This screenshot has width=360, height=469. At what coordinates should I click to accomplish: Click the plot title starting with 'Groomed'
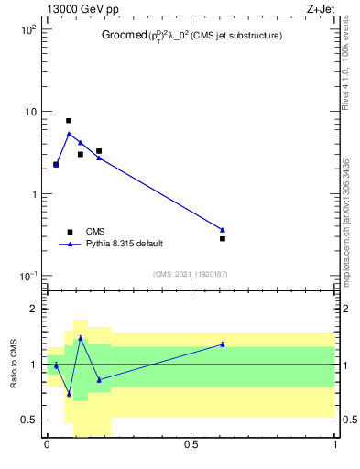click(x=191, y=36)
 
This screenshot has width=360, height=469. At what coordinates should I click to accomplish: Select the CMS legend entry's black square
click(x=70, y=232)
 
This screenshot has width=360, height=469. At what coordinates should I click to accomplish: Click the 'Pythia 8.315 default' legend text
click(x=125, y=244)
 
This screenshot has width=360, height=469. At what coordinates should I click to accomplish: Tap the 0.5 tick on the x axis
click(x=191, y=443)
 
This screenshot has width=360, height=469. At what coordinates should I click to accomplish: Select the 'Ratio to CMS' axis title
click(x=14, y=364)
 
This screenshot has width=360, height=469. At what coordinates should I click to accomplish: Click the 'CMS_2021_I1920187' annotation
click(x=191, y=273)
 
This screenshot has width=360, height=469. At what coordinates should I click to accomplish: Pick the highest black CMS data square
click(x=69, y=121)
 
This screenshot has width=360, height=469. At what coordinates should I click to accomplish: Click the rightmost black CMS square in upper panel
click(x=223, y=238)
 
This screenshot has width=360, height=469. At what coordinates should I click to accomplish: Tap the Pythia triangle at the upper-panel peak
click(x=69, y=134)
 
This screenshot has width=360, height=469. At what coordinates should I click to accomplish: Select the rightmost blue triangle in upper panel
click(x=223, y=229)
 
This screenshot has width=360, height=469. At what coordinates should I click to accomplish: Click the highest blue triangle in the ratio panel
click(x=81, y=337)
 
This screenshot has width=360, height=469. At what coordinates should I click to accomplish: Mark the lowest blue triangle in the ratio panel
click(x=69, y=394)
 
